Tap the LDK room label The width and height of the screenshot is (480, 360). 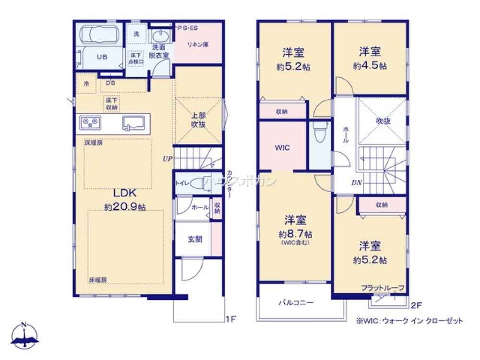[x=125, y=193]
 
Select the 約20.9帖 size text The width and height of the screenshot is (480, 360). [x=125, y=207]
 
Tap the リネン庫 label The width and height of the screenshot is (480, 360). [x=197, y=45]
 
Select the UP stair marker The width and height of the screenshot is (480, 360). [x=167, y=158]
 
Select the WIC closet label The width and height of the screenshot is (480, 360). [x=282, y=148]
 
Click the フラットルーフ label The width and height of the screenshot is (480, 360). [x=383, y=288]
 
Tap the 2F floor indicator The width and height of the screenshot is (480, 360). [x=416, y=304]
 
